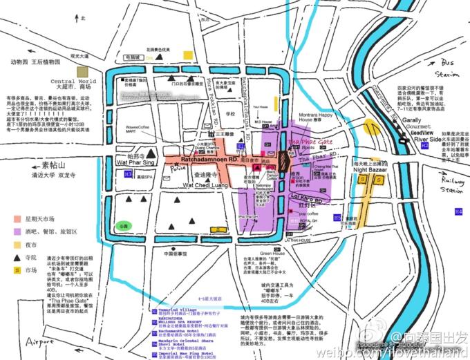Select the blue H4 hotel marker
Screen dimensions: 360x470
pyautogui.click(x=458, y=210)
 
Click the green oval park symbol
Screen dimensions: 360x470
pyautogui.click(x=124, y=225)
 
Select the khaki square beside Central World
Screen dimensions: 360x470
pyautogui.click(x=83, y=70)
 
